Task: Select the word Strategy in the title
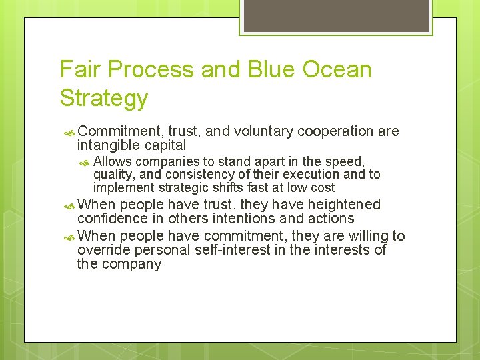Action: [103, 98]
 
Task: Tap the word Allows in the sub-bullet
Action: [113, 161]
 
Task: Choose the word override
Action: [104, 250]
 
